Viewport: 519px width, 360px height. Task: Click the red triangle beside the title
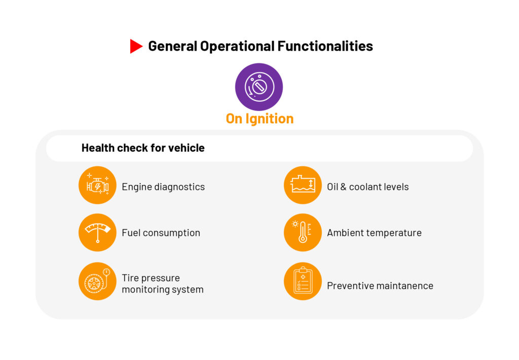point(136,46)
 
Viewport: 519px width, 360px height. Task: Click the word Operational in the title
point(237,46)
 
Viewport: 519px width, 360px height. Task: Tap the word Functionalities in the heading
point(325,46)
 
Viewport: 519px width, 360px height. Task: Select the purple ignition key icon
point(259,87)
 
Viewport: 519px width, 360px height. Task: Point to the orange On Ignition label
point(259,119)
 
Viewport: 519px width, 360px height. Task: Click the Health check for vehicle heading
point(143,148)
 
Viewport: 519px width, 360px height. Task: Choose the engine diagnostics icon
point(97,185)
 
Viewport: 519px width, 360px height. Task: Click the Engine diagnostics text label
point(163,187)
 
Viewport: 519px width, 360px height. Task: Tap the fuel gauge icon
point(97,233)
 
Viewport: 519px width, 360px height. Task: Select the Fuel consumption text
point(161,233)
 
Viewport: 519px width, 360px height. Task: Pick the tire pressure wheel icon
point(97,281)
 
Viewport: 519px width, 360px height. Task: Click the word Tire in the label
point(129,277)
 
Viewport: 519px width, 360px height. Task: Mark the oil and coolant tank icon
point(303,185)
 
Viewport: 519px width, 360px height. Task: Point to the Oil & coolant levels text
point(368,187)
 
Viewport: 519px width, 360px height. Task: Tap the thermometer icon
point(303,233)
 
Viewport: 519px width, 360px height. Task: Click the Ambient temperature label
point(374,233)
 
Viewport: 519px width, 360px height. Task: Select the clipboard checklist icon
point(303,281)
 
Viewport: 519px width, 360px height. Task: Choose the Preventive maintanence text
point(380,286)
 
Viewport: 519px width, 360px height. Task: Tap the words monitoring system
point(163,290)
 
